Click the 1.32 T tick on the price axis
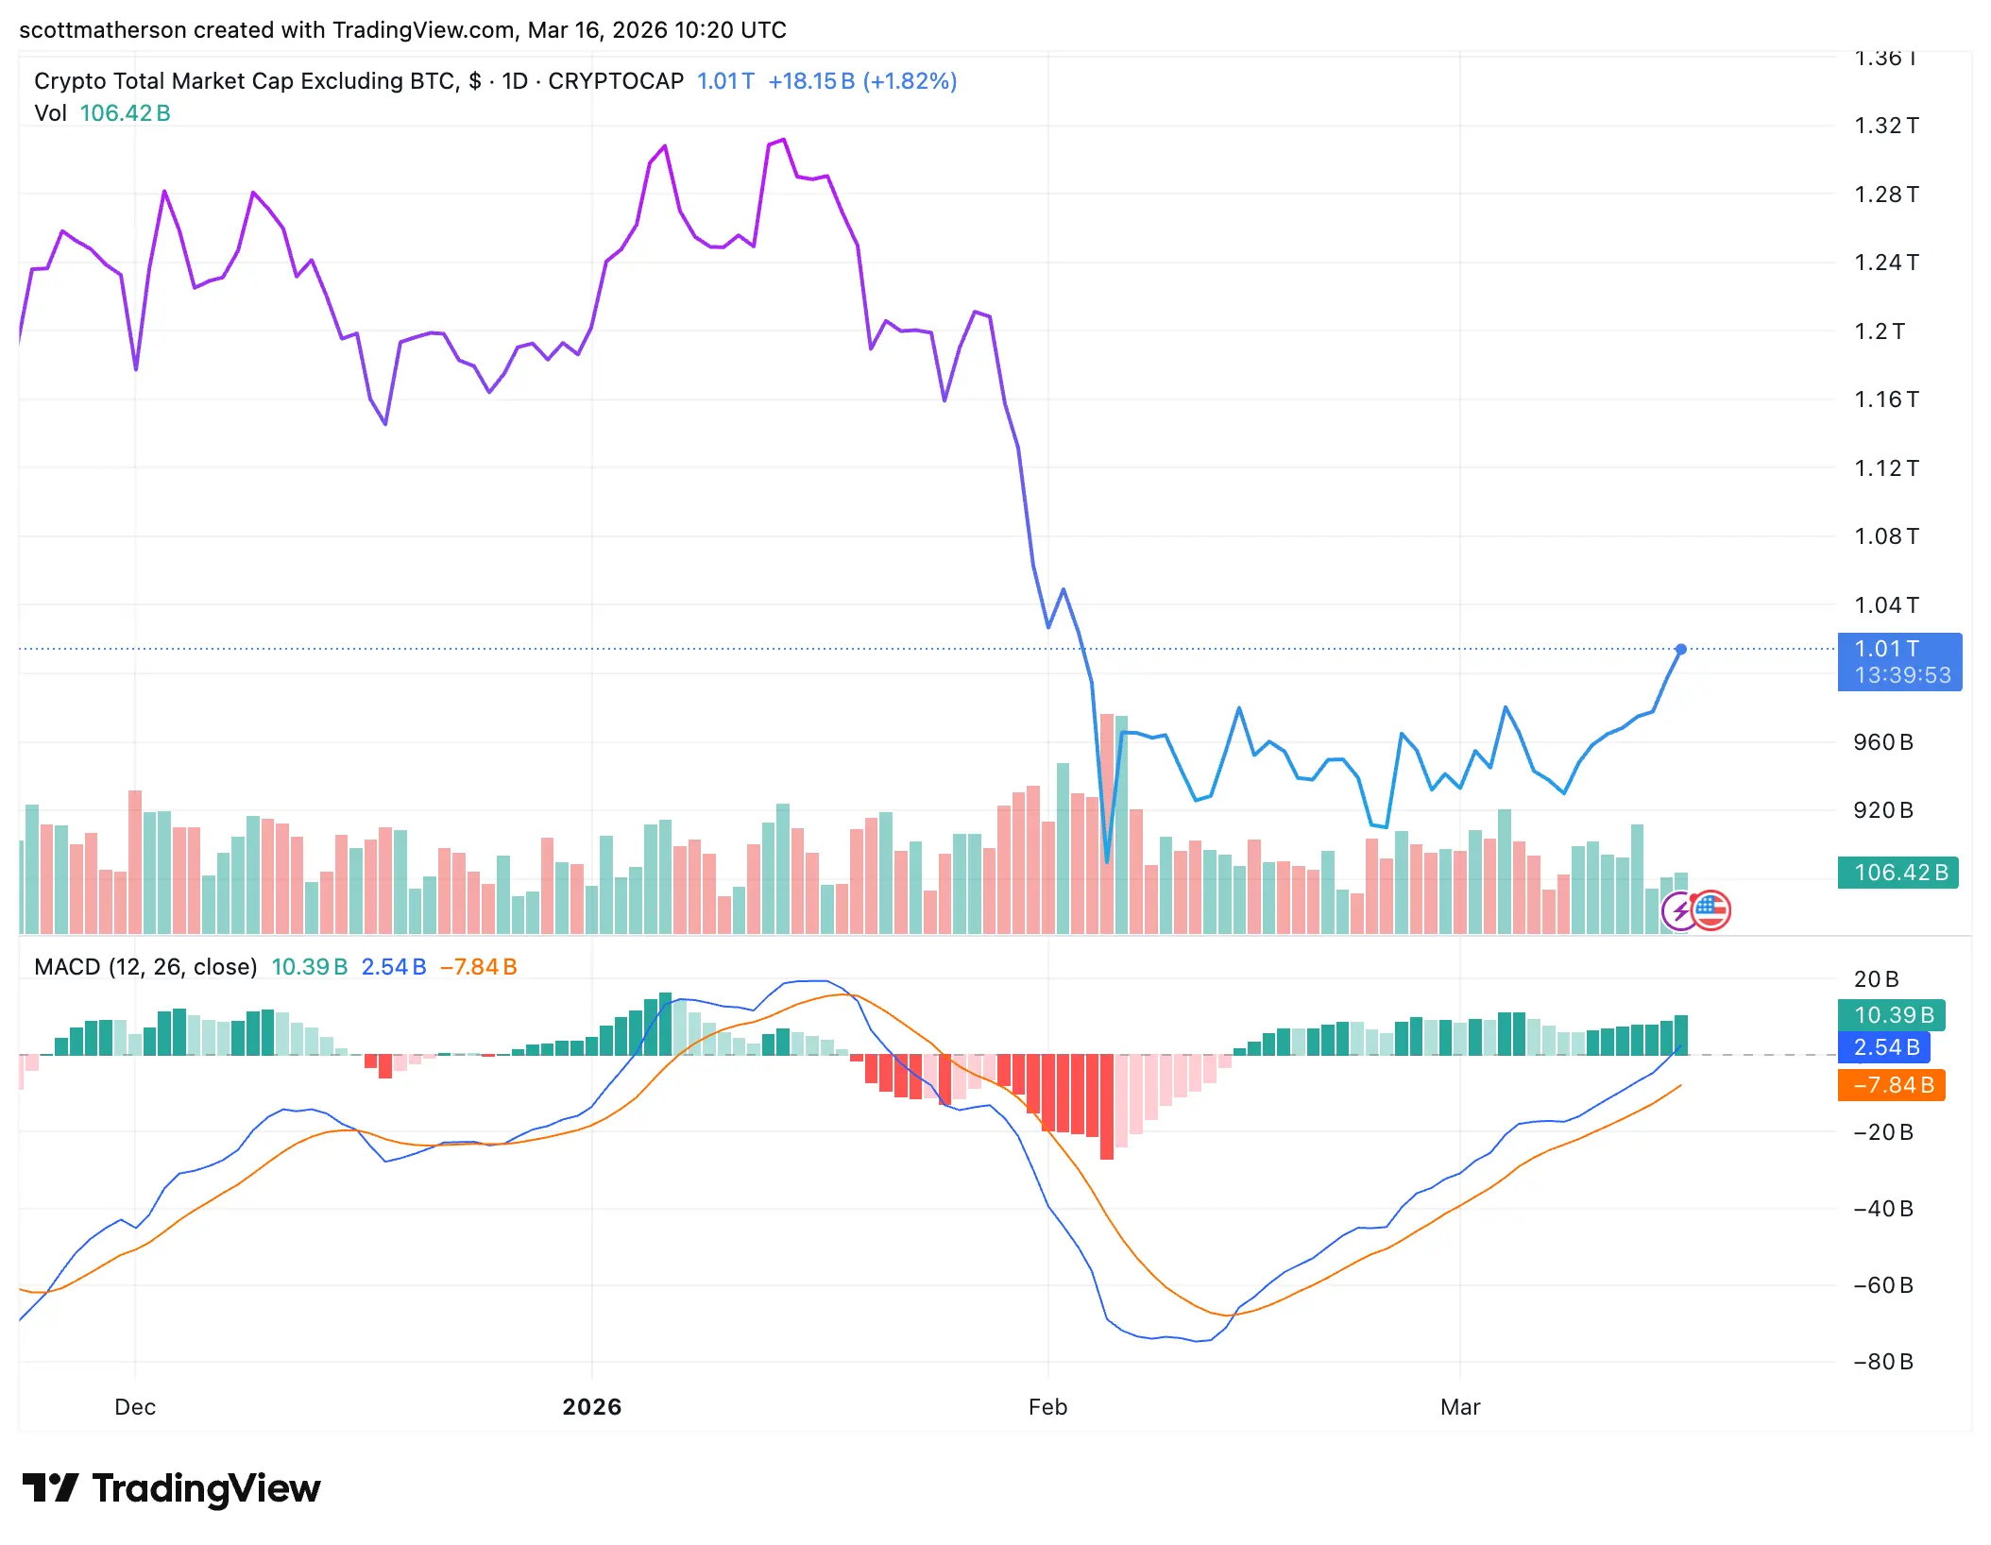click(1885, 126)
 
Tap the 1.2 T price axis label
click(1879, 331)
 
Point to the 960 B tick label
click(1882, 742)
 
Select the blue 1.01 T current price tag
click(1898, 661)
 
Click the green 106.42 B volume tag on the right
click(1897, 873)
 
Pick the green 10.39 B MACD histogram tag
click(1891, 1015)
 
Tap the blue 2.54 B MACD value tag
click(1884, 1047)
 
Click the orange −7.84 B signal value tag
click(1891, 1085)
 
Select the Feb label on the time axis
click(1047, 1407)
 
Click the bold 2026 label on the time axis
click(591, 1407)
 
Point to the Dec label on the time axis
click(135, 1407)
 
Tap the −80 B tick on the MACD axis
click(1882, 1362)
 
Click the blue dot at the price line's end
click(1680, 649)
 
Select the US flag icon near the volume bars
click(1711, 910)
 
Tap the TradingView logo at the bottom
click(172, 1488)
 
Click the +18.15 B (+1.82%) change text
click(861, 81)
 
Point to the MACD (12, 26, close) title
click(145, 967)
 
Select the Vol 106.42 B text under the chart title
click(102, 113)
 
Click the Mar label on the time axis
click(1459, 1407)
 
